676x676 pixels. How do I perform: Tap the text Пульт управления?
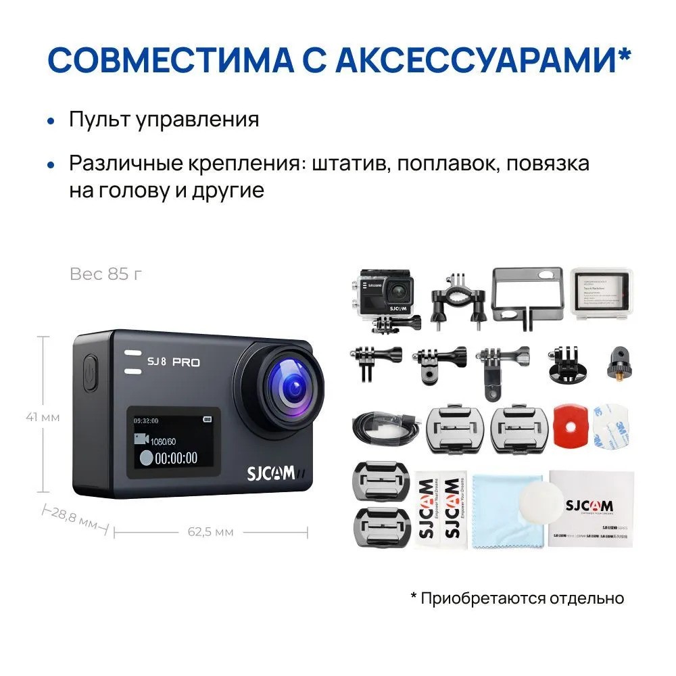[164, 120]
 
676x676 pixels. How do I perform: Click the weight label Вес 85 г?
[106, 274]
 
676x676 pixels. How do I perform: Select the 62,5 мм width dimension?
[210, 532]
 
